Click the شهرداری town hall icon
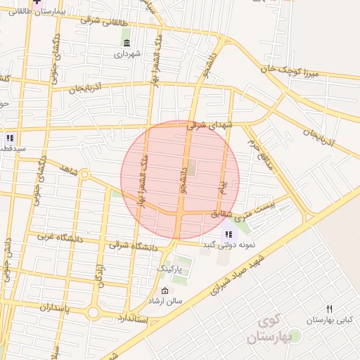tap(127, 43)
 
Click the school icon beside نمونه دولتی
tap(228, 234)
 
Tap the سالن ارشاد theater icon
tap(165, 290)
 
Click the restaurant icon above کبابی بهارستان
tap(329, 309)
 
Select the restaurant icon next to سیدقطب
tap(10, 138)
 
